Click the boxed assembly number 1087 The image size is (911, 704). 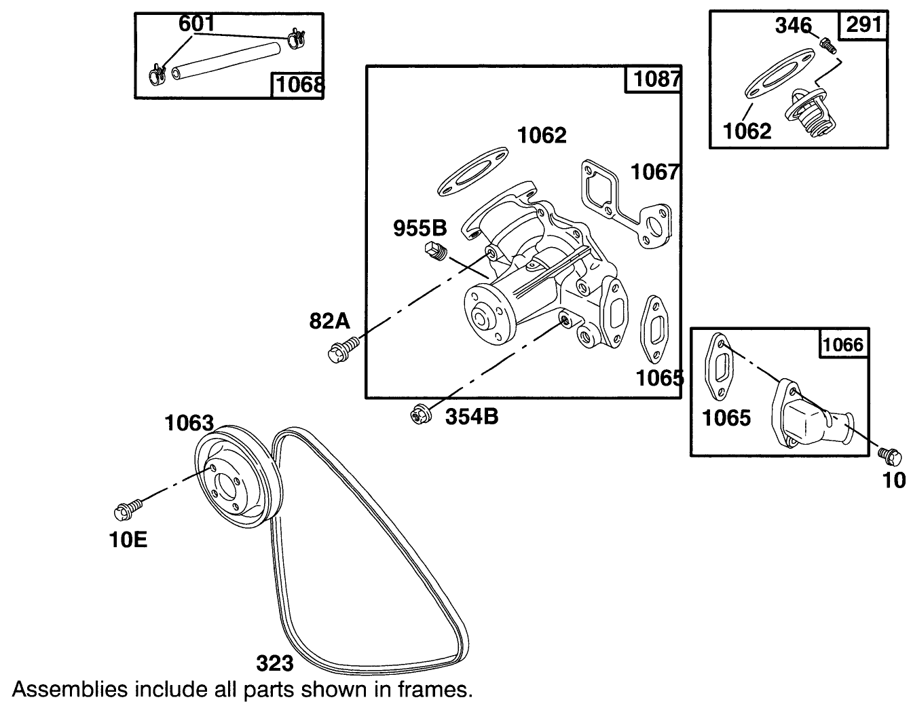click(656, 79)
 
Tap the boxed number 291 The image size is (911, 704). click(864, 24)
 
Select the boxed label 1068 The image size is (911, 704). click(297, 86)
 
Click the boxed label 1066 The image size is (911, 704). click(843, 345)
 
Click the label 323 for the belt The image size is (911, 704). click(274, 662)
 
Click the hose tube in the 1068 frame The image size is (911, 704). click(227, 60)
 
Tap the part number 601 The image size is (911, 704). click(197, 24)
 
